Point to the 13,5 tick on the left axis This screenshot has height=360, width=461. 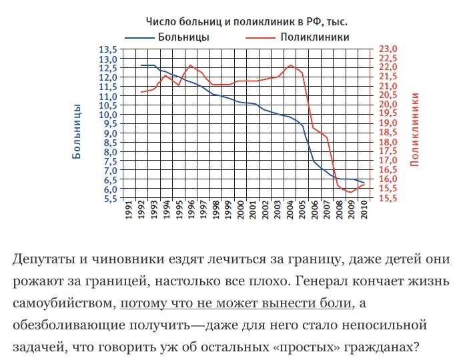coord(107,50)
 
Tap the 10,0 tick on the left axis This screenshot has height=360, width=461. coord(107,115)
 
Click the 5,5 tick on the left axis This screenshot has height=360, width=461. coord(107,199)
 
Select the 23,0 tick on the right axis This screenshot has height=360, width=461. coord(388,50)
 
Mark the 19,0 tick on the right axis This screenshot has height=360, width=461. coord(388,124)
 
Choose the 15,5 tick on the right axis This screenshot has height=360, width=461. coord(388,199)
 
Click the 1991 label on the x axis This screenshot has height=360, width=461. coord(129,213)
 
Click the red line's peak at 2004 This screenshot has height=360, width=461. coord(290,65)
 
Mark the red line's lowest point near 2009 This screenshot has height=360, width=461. coord(350,192)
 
